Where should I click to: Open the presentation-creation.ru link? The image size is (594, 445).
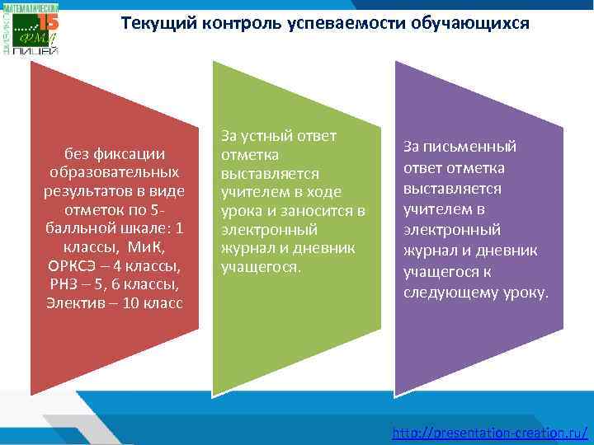pyautogui.click(x=490, y=433)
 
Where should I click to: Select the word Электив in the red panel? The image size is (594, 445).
pyautogui.click(x=75, y=303)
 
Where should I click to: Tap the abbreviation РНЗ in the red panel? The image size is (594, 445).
pyautogui.click(x=67, y=284)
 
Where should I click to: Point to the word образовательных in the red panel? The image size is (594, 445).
pyautogui.click(x=114, y=173)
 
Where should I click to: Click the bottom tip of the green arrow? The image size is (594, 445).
pyautogui.click(x=214, y=393)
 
